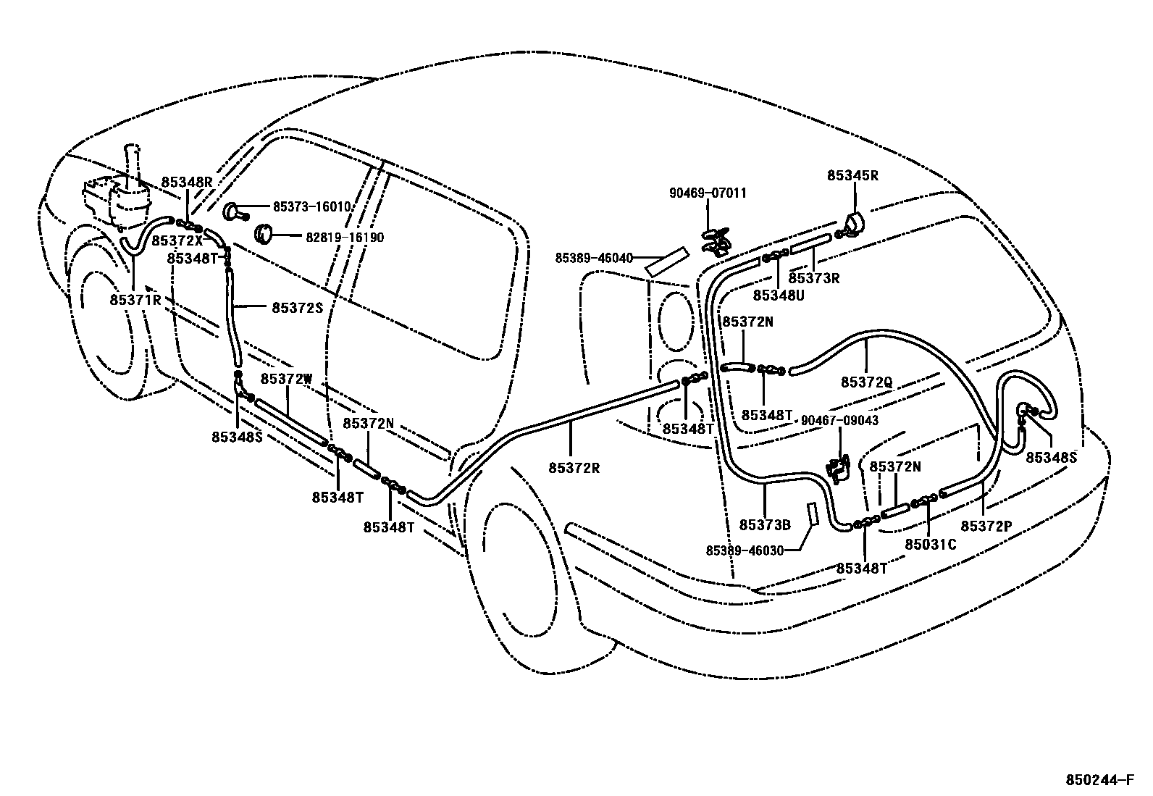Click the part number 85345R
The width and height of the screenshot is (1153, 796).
[853, 175]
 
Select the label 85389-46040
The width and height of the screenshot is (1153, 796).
[594, 258]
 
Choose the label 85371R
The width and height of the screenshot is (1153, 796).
[135, 299]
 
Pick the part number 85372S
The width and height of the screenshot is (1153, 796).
[296, 308]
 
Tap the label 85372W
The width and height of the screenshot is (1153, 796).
[287, 379]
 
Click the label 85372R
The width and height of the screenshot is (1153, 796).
[574, 468]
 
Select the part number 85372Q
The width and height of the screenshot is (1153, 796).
[866, 382]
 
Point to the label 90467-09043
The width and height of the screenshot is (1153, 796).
[839, 420]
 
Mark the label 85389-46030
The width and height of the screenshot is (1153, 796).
[745, 550]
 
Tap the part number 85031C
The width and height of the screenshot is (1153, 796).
[931, 544]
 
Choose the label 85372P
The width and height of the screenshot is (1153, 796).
[986, 526]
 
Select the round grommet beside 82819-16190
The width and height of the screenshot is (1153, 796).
[264, 234]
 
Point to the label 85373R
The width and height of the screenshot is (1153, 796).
[814, 277]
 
